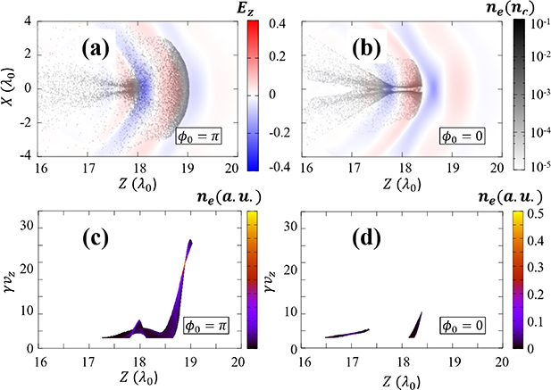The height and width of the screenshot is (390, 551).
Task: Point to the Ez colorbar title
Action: point(263,12)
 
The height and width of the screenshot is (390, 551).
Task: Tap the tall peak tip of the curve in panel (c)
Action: point(189,241)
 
